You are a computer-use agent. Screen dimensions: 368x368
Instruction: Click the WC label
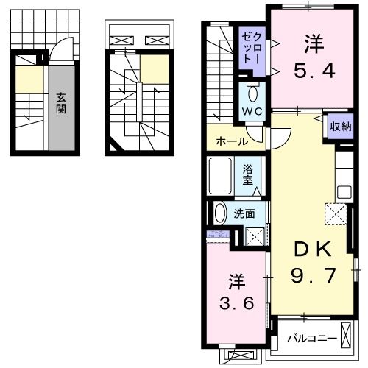click(253, 112)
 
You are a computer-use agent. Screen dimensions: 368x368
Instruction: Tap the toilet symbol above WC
click(253, 93)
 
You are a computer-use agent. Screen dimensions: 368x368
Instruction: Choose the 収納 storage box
click(340, 126)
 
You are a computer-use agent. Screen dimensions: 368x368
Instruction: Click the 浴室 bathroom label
click(250, 174)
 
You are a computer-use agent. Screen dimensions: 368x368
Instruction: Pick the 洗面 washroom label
click(244, 213)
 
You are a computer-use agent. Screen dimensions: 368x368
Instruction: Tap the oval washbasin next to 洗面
click(219, 213)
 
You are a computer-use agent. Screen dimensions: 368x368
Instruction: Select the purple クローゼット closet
click(251, 49)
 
